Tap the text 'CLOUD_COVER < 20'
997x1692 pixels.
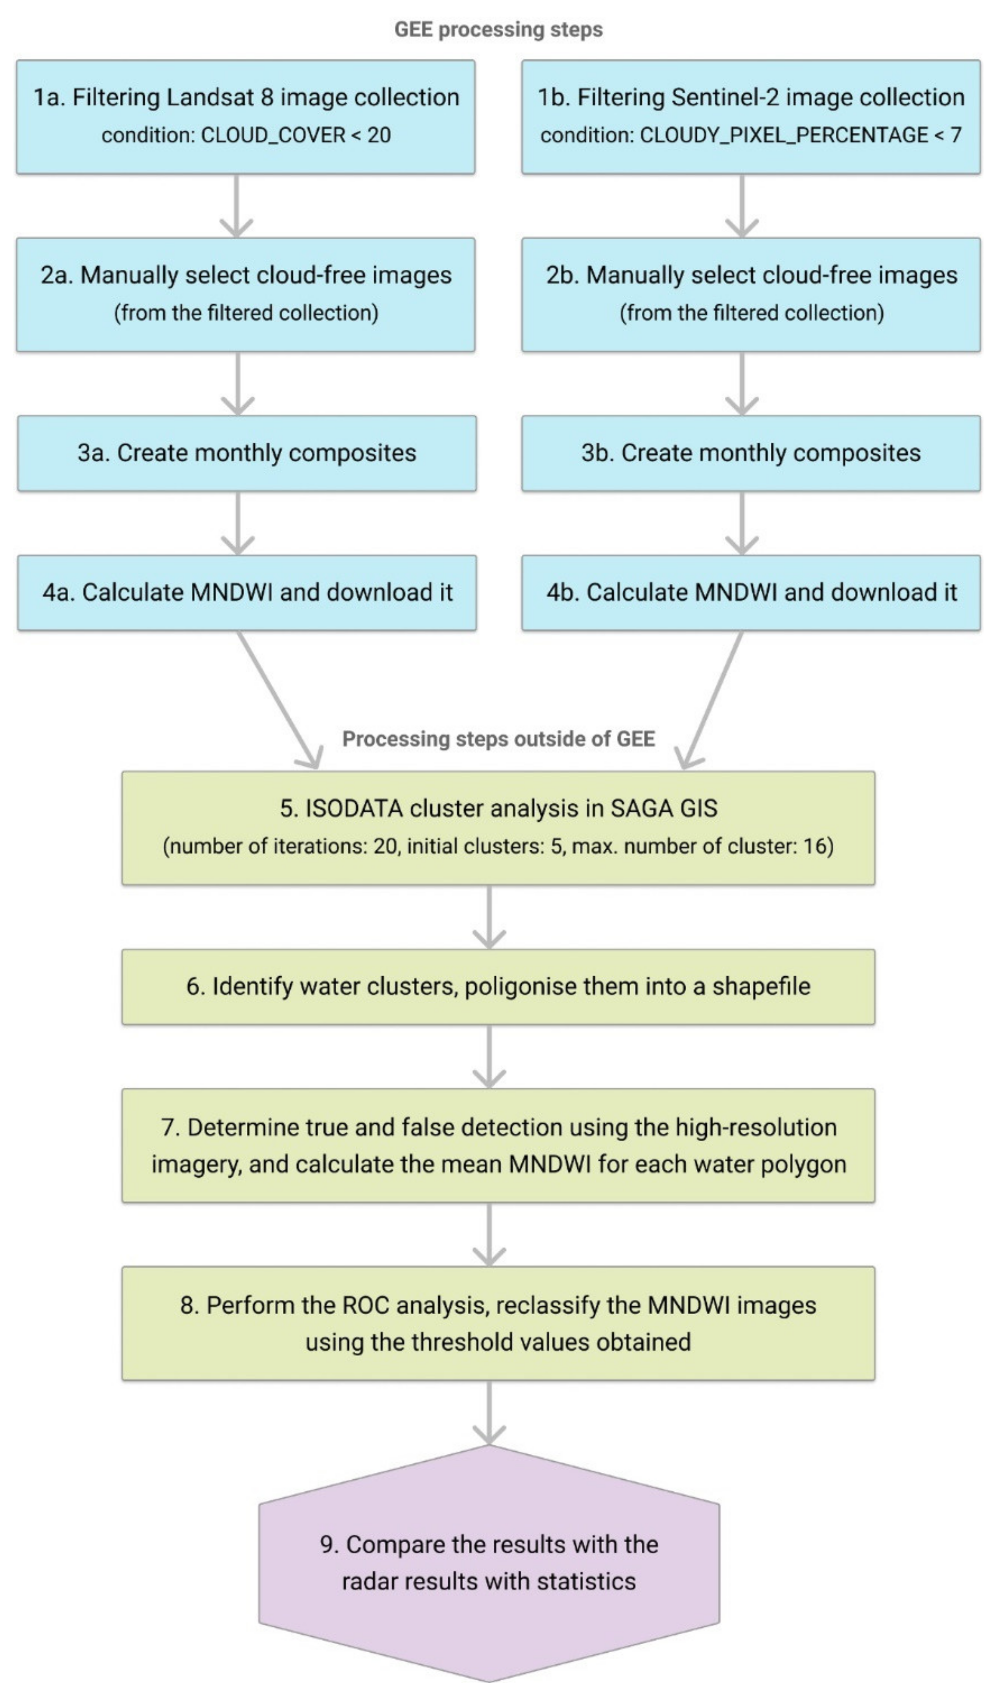(295, 135)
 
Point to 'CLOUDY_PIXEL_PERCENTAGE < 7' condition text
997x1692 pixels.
(800, 135)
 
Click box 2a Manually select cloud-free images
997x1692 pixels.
(246, 294)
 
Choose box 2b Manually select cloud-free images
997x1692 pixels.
(751, 294)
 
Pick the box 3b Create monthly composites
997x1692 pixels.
(751, 453)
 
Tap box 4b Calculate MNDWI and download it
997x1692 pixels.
(751, 593)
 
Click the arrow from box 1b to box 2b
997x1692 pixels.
(742, 205)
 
